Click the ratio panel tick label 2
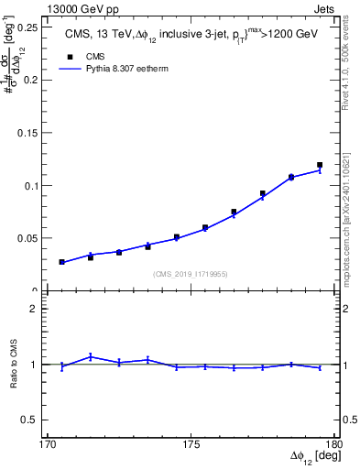(39, 309)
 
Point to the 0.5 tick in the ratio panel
(35, 420)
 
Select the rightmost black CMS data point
(320, 165)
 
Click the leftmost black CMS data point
(61, 262)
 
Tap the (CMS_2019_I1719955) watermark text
(191, 274)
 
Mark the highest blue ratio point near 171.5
(91, 356)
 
